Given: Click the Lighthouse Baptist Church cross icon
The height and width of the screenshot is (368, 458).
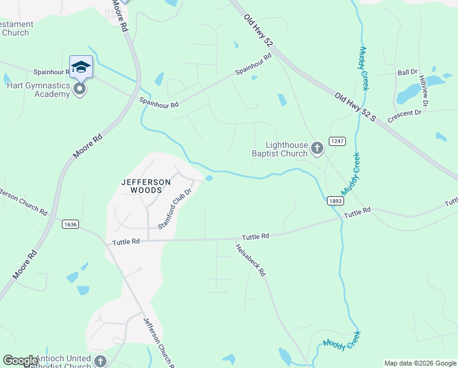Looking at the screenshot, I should click(317, 147).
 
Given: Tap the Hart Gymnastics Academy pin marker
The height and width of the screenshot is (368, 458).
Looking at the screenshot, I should click(80, 90).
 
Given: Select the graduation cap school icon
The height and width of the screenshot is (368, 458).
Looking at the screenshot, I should click(81, 67).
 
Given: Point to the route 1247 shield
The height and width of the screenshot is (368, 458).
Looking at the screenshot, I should click(337, 141).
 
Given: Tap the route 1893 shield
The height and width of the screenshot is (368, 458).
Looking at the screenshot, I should click(335, 201).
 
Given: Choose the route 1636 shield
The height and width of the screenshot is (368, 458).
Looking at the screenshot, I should click(70, 224).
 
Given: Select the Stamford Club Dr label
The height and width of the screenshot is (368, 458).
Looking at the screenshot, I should click(175, 209).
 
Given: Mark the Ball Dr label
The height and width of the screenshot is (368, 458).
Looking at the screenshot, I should click(407, 72).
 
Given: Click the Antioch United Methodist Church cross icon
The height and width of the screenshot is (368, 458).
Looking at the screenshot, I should click(99, 361).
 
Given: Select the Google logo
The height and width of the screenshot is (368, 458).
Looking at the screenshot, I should click(20, 361).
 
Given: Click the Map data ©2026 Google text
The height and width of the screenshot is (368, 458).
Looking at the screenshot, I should click(419, 363).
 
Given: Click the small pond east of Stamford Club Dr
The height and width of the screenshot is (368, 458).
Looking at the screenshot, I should click(209, 178).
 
